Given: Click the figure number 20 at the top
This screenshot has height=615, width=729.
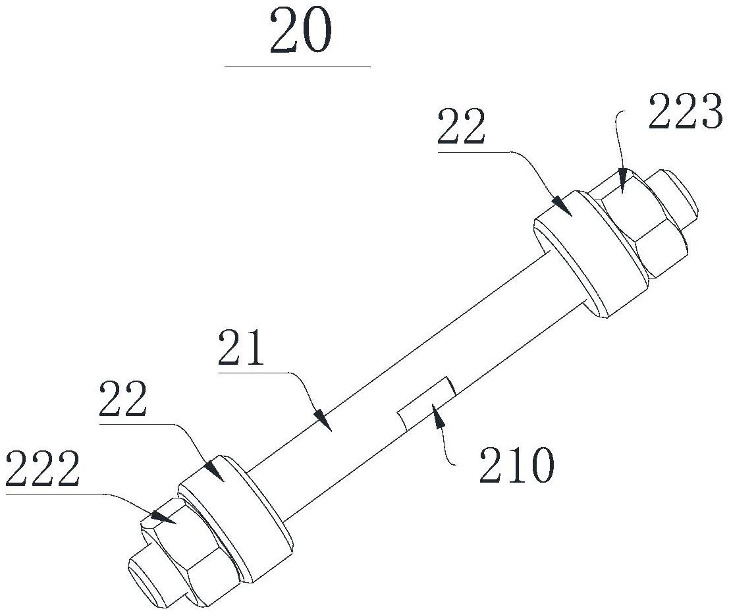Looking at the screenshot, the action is click(x=300, y=33).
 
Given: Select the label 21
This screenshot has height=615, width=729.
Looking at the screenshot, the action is click(x=242, y=350).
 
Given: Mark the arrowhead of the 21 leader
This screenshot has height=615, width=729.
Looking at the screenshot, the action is click(x=323, y=420).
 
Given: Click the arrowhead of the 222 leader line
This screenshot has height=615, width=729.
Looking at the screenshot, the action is click(x=158, y=514).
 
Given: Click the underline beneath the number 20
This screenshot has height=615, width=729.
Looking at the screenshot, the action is click(x=297, y=67).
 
